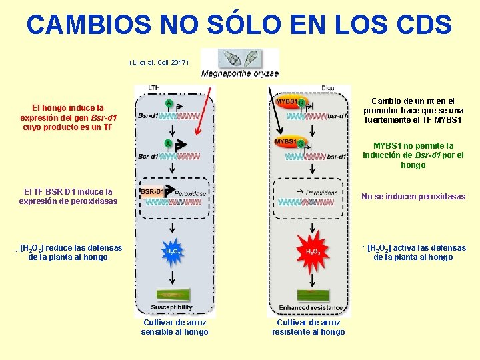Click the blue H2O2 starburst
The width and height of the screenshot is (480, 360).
point(173,251)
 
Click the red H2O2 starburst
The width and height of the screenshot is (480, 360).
point(312,251)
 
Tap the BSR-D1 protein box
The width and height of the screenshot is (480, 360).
point(152,191)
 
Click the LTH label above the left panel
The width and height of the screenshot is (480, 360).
point(154,88)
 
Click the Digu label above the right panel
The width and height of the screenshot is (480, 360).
point(328,88)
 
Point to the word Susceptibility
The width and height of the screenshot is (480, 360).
point(173,308)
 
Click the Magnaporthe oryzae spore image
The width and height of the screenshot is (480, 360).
point(241,59)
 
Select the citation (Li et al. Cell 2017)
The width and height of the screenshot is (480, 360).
point(159,63)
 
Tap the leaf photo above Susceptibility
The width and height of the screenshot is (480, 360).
point(173,293)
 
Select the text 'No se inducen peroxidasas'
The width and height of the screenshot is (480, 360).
point(413,197)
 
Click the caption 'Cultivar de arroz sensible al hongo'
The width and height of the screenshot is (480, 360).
point(175,327)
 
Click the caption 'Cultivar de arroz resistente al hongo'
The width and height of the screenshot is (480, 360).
point(309,327)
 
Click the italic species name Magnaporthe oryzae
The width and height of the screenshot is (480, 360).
point(240,74)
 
